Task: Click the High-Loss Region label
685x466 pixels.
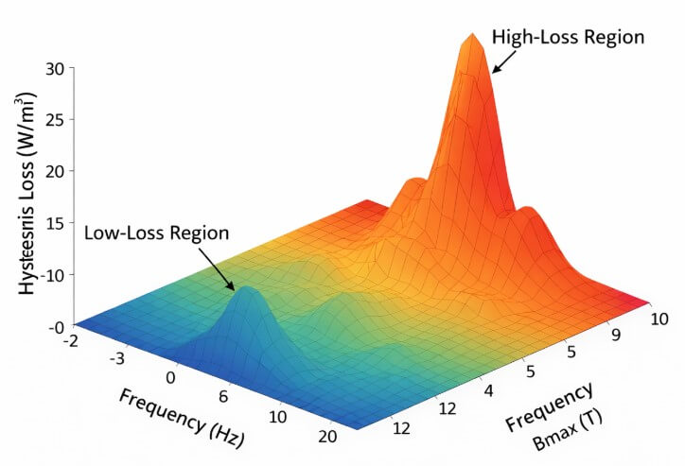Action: (x=568, y=39)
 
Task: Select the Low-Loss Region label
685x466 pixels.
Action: (x=156, y=233)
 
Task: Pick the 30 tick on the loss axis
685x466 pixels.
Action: (x=54, y=68)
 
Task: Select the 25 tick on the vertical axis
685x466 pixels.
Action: (x=54, y=120)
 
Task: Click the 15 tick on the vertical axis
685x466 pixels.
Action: (x=54, y=223)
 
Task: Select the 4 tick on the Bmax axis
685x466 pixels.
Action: (x=489, y=390)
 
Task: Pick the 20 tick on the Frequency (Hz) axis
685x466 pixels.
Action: (x=326, y=438)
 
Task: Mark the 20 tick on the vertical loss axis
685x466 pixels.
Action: (x=54, y=171)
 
